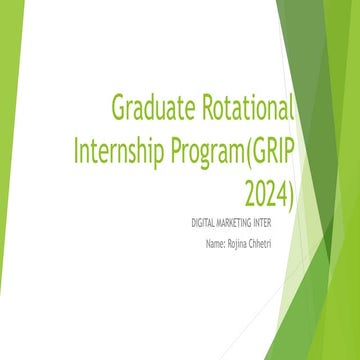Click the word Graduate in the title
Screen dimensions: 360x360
tap(151, 107)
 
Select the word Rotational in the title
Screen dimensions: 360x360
tap(246, 107)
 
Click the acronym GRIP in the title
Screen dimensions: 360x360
tap(275, 150)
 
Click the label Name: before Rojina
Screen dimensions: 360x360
tap(218, 243)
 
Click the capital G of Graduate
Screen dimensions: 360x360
tap(119, 107)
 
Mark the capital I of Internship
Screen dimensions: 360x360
tap(78, 150)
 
